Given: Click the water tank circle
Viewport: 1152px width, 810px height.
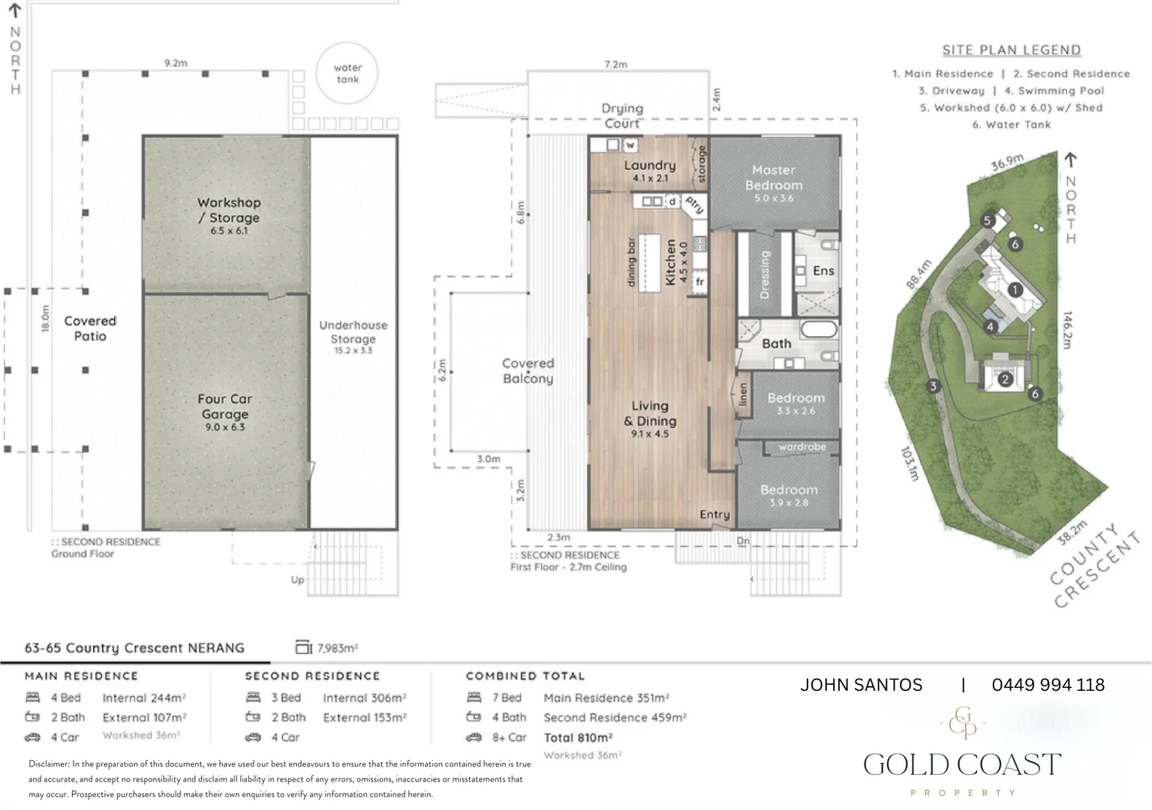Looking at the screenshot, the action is [x=347, y=44].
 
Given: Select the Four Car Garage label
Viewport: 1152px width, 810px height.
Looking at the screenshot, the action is [x=224, y=412].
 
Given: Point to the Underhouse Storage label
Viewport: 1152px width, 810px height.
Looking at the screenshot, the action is [x=353, y=337].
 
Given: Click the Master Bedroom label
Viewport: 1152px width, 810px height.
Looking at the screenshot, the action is [x=774, y=183].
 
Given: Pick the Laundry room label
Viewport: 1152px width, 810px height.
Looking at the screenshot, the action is [x=650, y=171].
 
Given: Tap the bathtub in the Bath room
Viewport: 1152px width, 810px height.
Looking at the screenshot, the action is [x=819, y=329].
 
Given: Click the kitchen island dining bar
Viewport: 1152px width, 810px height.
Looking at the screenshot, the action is [x=649, y=262].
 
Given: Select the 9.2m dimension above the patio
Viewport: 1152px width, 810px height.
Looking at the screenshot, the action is [x=176, y=63].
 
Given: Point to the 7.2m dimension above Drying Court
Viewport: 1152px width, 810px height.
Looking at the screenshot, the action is [x=615, y=64].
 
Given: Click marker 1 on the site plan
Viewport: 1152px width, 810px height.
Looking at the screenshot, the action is [x=1015, y=289].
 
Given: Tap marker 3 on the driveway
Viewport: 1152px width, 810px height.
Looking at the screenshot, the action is [x=934, y=386].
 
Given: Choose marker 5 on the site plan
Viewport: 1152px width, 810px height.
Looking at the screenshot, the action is [x=987, y=221].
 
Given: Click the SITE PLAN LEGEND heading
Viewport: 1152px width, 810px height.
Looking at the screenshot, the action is [x=1012, y=49].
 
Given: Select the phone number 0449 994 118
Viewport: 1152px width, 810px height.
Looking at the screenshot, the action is [x=1048, y=685].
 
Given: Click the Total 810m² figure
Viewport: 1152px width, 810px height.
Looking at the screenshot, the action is [x=578, y=737].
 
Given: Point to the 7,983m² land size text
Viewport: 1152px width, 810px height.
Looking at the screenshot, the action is [x=338, y=648].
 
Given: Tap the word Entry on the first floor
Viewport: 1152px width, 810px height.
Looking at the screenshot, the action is [x=715, y=514].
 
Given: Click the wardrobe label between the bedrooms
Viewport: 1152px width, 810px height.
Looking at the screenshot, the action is [x=802, y=447].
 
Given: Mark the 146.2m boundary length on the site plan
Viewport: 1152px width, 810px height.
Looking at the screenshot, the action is [x=1067, y=330].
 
